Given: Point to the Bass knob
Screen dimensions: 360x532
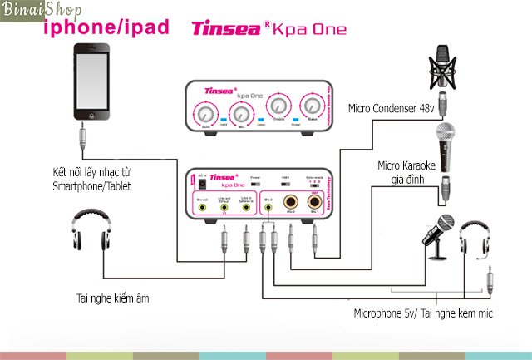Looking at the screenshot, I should click(312, 106).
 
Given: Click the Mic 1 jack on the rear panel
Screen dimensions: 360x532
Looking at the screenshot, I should click(315, 201).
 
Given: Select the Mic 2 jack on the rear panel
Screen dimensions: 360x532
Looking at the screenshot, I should click(288, 201).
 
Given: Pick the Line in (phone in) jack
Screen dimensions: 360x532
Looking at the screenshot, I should click(245, 207).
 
